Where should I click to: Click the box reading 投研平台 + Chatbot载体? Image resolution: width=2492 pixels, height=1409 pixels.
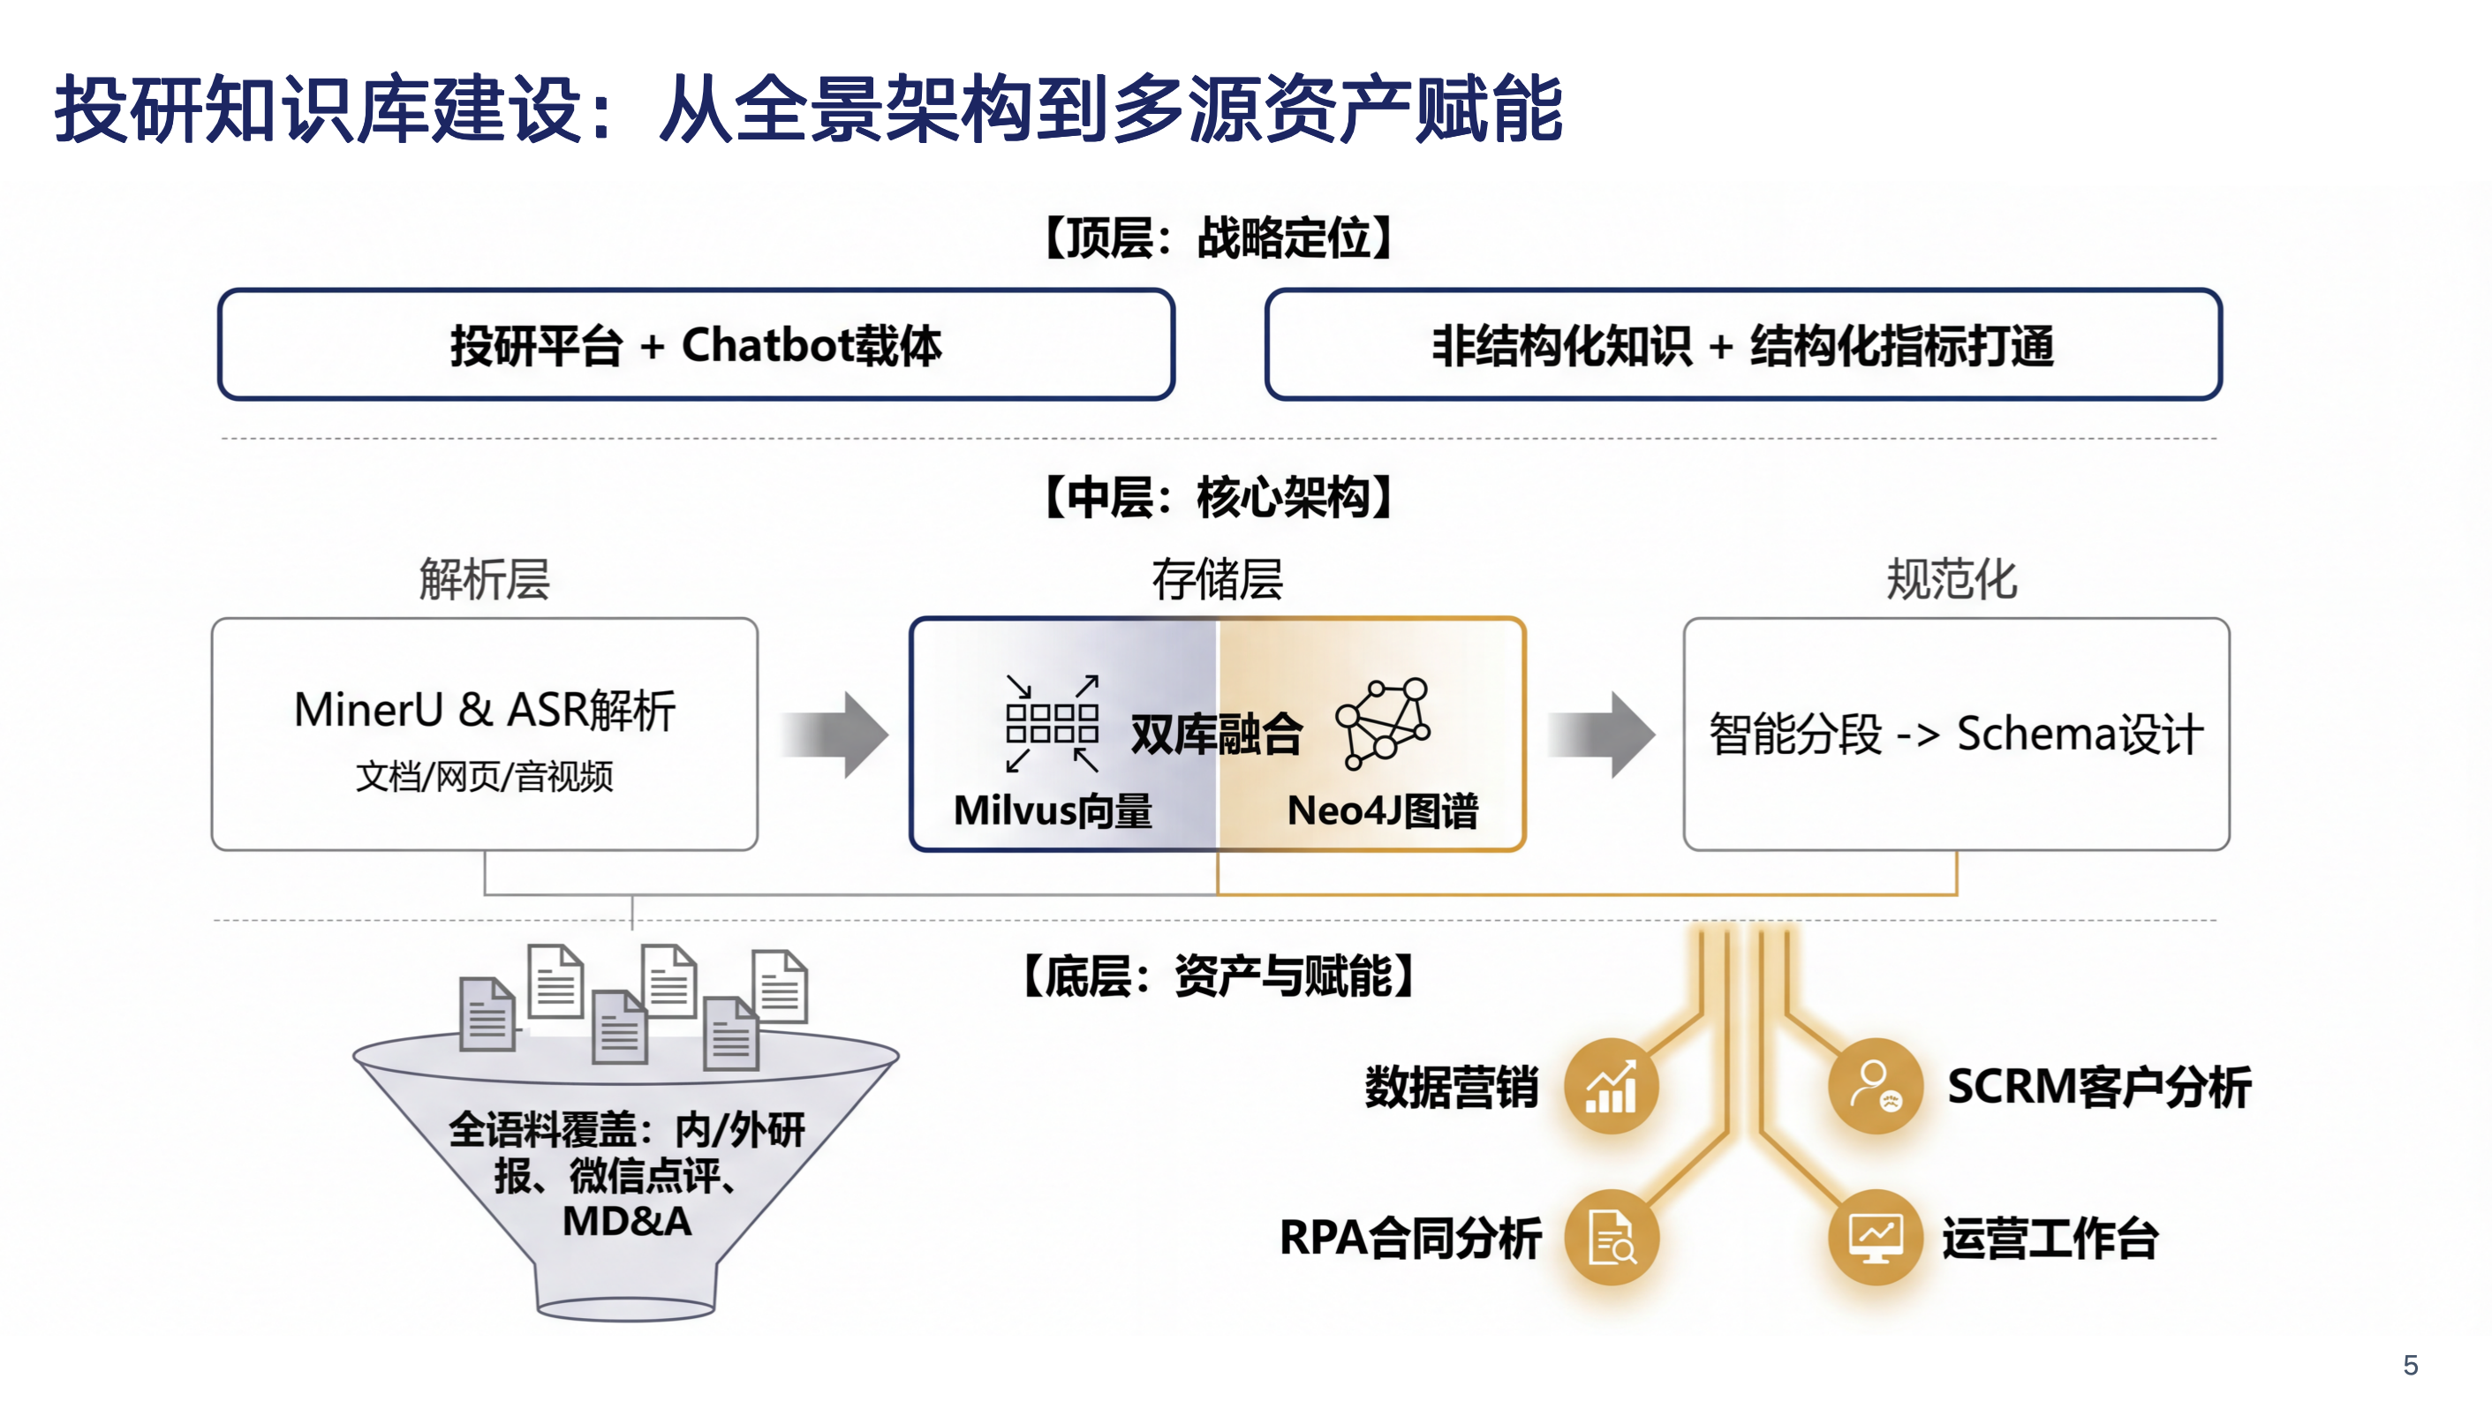(x=696, y=344)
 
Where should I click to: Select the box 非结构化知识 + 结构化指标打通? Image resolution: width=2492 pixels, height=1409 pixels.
(x=1742, y=344)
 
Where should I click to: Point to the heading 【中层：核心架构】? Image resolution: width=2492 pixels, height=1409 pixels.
(x=1219, y=496)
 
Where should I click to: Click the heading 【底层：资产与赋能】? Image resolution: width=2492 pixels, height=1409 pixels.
(x=1219, y=976)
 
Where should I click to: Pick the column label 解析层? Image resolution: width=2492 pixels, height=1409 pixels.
(x=484, y=580)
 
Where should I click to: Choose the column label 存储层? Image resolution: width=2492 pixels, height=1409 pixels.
(x=1217, y=580)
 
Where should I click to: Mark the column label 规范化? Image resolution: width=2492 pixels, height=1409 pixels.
(x=1952, y=580)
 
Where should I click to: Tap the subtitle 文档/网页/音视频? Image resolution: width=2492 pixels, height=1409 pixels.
(x=484, y=776)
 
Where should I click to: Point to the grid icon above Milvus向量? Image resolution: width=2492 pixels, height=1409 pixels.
(x=1052, y=723)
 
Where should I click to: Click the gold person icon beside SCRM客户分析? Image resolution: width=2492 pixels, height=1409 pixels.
(x=1875, y=1086)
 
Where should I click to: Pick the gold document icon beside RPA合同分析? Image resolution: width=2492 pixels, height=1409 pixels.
(x=1612, y=1238)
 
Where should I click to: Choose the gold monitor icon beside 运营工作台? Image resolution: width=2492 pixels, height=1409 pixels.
(x=1875, y=1238)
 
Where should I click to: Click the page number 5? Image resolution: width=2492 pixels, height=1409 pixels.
(x=2410, y=1366)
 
